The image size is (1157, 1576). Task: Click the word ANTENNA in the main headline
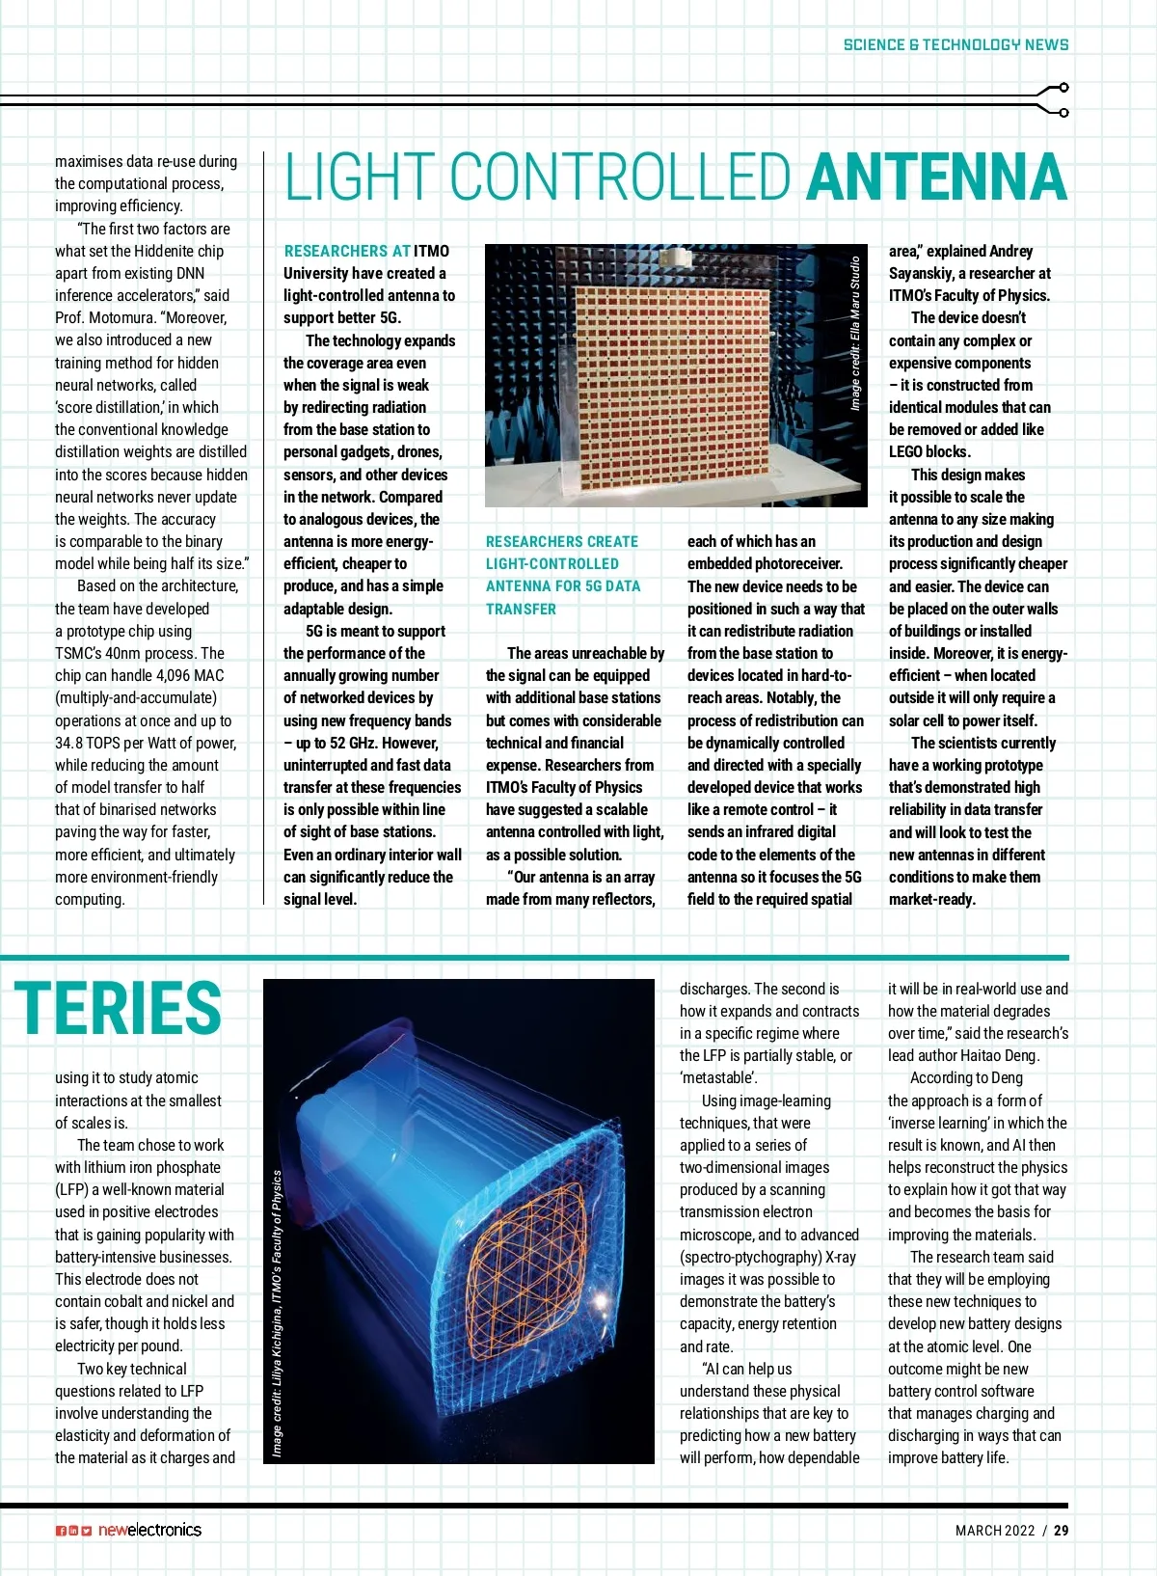936,177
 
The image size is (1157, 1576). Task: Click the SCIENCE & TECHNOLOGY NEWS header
955,44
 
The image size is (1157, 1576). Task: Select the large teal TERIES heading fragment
118,1008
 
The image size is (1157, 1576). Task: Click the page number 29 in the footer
1061,1530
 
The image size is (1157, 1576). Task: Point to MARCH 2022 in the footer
995,1530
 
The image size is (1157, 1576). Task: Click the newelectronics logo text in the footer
149,1530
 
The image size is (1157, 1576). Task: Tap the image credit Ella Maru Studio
855,333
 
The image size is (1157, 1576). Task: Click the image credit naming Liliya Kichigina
278,1313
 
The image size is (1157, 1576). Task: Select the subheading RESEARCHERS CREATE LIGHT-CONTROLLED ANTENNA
562,575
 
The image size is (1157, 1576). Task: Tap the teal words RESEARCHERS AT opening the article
347,251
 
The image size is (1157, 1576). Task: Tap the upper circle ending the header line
1063,88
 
